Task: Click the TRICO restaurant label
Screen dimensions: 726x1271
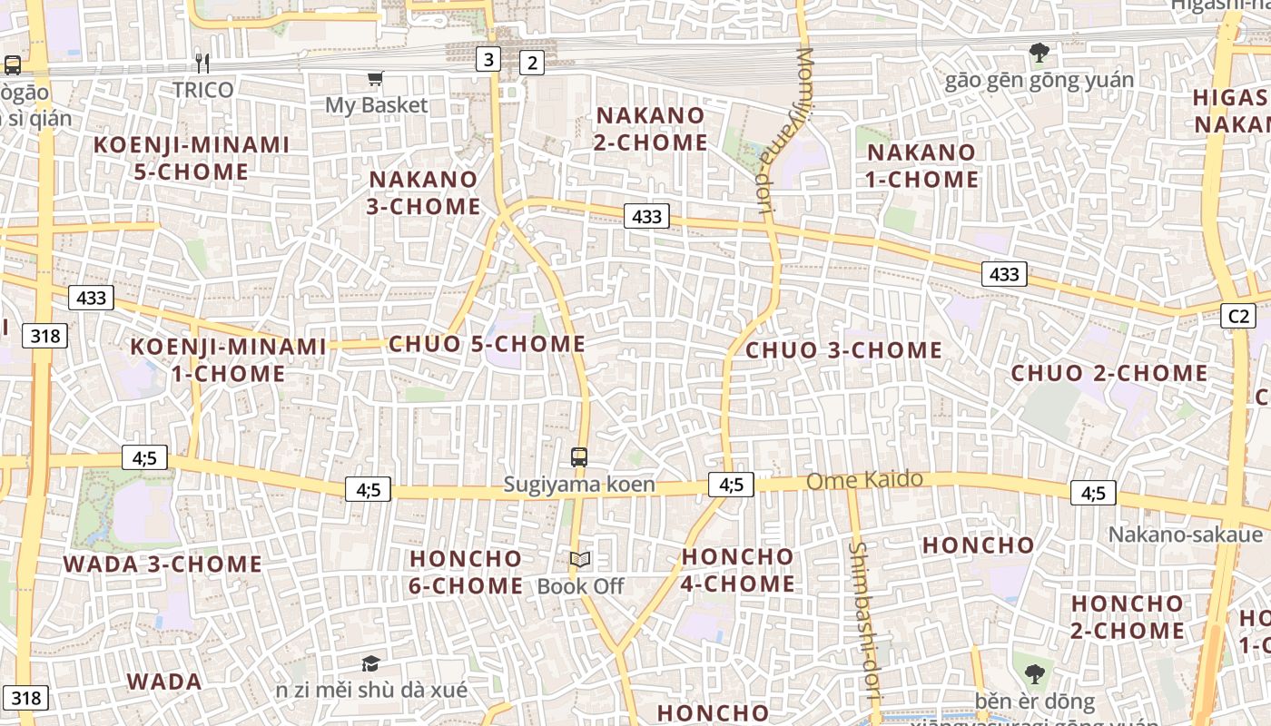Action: coord(203,89)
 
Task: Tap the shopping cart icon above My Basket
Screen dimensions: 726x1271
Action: coord(375,79)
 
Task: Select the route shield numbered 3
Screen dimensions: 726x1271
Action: coord(489,60)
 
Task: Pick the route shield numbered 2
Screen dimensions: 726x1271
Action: coord(532,63)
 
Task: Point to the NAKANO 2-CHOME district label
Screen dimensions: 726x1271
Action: coord(651,129)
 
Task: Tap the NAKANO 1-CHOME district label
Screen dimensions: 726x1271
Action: coord(922,166)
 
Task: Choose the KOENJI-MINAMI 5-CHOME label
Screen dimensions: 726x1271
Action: coord(192,158)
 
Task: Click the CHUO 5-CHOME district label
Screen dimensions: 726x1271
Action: coord(487,344)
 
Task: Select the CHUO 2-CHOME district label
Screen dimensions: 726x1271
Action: coord(1109,373)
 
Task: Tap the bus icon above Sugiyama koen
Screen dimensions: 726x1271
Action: coord(579,456)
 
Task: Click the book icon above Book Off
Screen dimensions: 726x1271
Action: coord(580,560)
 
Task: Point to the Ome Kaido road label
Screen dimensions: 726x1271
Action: coord(864,480)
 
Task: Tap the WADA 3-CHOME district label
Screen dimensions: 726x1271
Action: coord(163,564)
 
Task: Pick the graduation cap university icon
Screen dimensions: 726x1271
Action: coord(370,664)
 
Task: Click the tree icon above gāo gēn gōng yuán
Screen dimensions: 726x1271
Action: coord(1039,54)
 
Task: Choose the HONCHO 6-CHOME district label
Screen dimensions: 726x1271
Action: coord(466,572)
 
